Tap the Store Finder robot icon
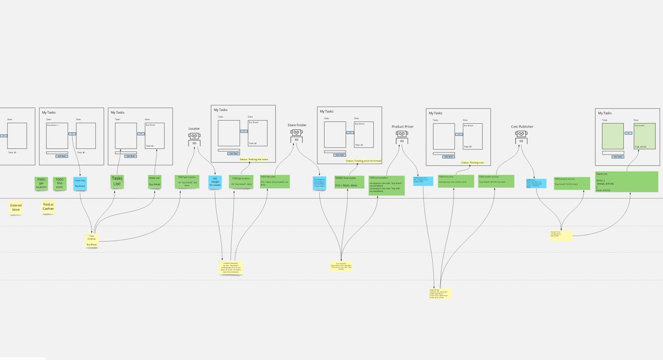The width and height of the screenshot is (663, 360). pyautogui.click(x=296, y=134)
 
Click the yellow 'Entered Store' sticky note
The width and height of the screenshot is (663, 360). pyautogui.click(x=16, y=208)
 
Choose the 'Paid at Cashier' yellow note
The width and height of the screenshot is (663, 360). pyautogui.click(x=49, y=207)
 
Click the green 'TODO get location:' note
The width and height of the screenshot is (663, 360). pyautogui.click(x=41, y=183)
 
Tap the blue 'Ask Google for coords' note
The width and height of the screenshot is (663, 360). pyautogui.click(x=215, y=182)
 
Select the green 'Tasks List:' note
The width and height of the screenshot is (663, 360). pyautogui.click(x=117, y=182)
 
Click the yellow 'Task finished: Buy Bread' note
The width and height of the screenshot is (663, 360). pyautogui.click(x=92, y=240)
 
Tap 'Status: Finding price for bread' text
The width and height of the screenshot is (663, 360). pyautogui.click(x=363, y=161)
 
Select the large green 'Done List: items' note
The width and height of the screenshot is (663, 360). pyautogui.click(x=627, y=182)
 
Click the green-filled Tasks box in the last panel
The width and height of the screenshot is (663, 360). pyautogui.click(x=612, y=136)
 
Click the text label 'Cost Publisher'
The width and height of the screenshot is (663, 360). pyautogui.click(x=522, y=126)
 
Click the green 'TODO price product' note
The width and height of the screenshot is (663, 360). pyautogui.click(x=387, y=185)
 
